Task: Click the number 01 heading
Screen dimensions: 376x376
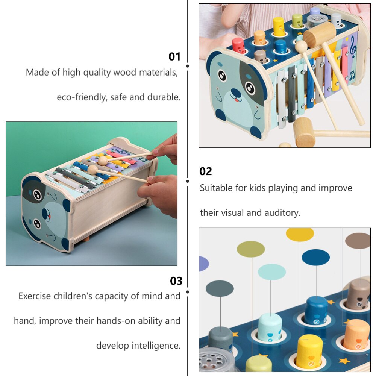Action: (174, 57)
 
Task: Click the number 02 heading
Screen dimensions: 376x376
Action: (206, 171)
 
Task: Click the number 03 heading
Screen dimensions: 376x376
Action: (176, 281)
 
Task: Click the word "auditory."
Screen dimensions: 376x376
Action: (282, 213)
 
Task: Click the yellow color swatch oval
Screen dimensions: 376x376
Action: (300, 235)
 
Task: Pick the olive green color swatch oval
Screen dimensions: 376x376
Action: (250, 249)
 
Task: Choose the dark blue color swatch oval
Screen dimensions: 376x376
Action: (315, 257)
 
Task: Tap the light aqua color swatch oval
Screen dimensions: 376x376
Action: (272, 272)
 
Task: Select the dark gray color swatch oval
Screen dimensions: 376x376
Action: (220, 288)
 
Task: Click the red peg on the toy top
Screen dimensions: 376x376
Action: (238, 45)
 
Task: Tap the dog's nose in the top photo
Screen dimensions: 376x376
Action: (236, 92)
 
